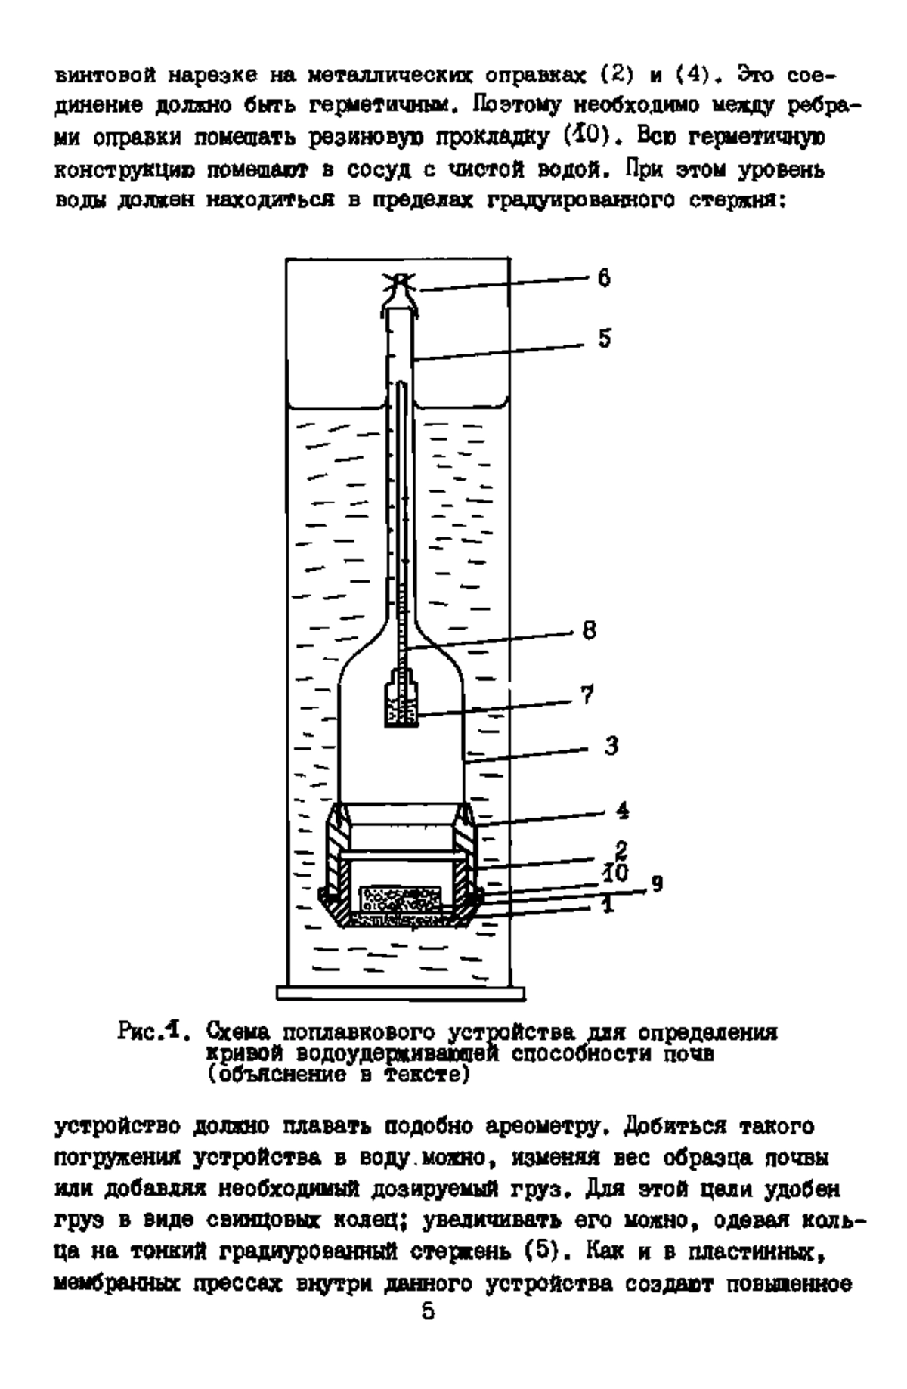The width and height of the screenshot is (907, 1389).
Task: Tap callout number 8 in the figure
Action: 589,630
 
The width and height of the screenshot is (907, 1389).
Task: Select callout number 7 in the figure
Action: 587,695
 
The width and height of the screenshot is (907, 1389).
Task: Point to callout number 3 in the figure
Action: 611,747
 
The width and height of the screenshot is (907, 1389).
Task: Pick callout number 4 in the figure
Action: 623,812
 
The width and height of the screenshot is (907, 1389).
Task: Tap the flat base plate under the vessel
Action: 401,991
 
